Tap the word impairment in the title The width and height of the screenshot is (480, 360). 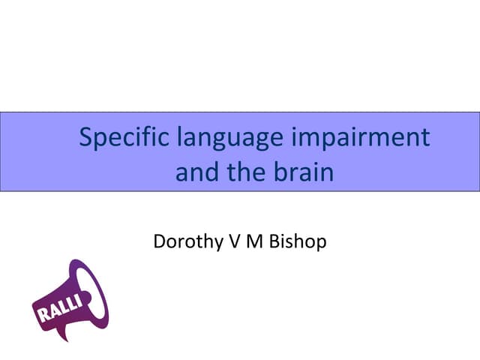(370, 140)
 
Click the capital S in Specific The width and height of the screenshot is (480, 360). (85, 138)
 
